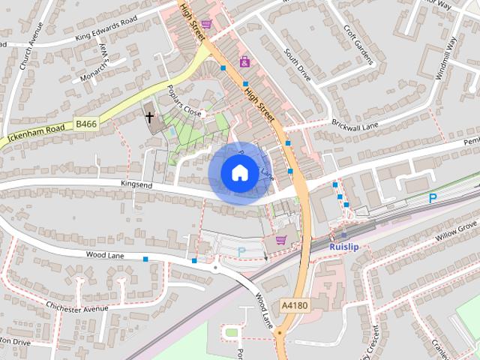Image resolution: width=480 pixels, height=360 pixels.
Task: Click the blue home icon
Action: [239, 172]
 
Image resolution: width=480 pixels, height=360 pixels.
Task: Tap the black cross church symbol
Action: [150, 117]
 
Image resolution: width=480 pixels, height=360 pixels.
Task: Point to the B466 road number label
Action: [86, 124]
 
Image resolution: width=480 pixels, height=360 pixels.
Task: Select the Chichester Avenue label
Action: [78, 308]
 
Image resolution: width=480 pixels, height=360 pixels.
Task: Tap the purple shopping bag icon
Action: [244, 61]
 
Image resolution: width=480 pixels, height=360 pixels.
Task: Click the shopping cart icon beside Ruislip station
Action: [280, 240]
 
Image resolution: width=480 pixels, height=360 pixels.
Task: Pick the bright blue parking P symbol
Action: [432, 198]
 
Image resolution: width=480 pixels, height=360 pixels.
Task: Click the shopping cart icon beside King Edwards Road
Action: [205, 24]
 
